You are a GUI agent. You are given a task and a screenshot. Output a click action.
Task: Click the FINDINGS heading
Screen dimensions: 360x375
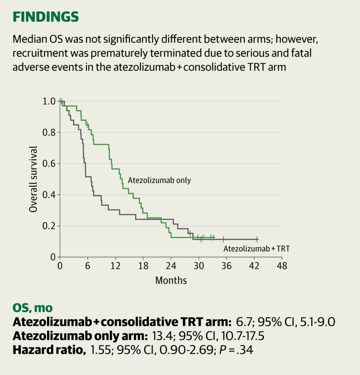(x=46, y=17)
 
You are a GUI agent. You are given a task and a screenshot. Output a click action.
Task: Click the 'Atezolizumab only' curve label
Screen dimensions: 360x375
(x=160, y=180)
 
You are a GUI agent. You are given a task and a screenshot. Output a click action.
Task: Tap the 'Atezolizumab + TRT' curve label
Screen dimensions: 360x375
(x=256, y=249)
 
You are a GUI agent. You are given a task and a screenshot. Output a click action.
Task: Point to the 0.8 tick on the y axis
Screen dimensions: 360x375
(x=49, y=132)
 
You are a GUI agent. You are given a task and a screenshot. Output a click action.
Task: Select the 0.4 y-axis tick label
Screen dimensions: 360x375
(x=49, y=195)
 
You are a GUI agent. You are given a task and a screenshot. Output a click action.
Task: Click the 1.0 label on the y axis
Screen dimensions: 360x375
(x=49, y=101)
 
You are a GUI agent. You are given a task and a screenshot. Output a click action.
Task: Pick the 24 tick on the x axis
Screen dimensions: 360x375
(x=171, y=266)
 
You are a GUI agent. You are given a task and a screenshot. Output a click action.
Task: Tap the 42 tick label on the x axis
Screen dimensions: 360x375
(x=254, y=266)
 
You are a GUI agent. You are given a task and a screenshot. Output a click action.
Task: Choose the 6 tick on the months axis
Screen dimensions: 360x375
(x=88, y=266)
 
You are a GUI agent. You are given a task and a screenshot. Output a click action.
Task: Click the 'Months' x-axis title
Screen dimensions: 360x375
(x=171, y=280)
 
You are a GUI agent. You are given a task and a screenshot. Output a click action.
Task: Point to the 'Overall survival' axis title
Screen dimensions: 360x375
(x=33, y=179)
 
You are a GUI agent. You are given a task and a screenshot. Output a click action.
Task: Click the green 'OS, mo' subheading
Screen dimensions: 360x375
(x=33, y=308)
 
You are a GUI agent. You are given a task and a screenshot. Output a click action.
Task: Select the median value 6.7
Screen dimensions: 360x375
(x=244, y=322)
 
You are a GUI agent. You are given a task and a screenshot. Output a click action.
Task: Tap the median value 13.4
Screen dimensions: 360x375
(x=162, y=336)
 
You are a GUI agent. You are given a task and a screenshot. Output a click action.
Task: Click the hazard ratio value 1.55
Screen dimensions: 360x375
(x=100, y=350)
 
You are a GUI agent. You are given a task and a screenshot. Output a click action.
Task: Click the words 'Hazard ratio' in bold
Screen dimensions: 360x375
(x=49, y=350)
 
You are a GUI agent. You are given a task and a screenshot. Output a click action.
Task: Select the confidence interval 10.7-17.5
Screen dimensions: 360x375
(x=243, y=336)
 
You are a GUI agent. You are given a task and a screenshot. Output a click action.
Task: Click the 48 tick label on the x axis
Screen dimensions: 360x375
(x=282, y=266)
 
